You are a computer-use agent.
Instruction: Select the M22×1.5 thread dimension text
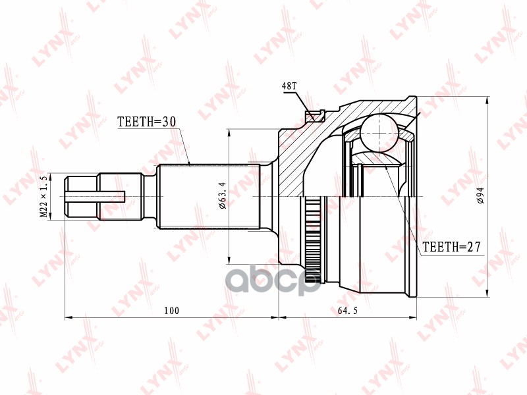click(x=44, y=196)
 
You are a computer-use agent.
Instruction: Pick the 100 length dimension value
click(x=172, y=310)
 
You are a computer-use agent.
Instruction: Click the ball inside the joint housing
click(x=380, y=130)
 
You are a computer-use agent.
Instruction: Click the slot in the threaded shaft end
click(x=96, y=195)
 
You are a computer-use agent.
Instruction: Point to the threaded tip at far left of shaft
click(x=80, y=196)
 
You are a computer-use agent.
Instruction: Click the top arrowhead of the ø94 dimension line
click(x=487, y=101)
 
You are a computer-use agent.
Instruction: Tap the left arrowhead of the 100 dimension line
click(x=68, y=317)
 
